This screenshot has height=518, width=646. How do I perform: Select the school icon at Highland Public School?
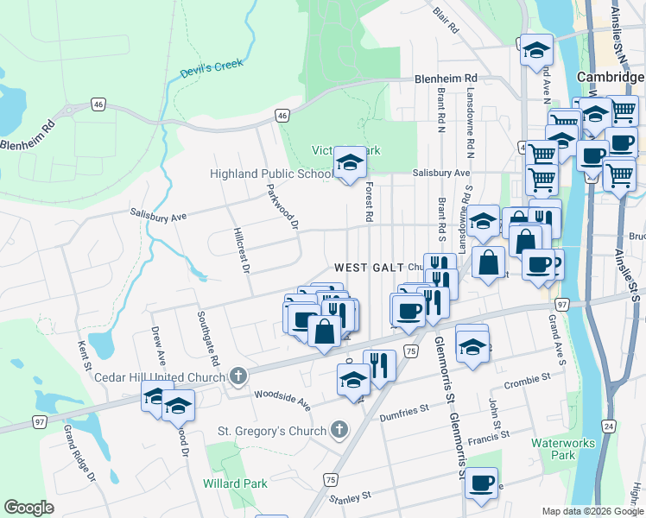click(350, 161)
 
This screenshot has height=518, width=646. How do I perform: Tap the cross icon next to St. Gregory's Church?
click(339, 430)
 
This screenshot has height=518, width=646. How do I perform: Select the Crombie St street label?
click(528, 379)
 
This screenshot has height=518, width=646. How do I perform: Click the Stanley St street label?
click(350, 497)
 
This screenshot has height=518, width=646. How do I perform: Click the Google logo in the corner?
click(28, 508)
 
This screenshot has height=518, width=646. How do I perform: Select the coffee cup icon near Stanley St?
click(481, 483)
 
